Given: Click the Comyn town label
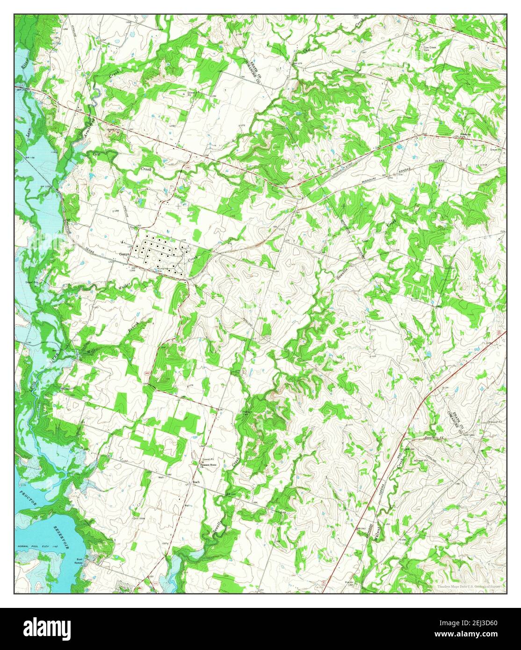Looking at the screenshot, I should (123, 254).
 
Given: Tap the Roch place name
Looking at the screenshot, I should (196, 481).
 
